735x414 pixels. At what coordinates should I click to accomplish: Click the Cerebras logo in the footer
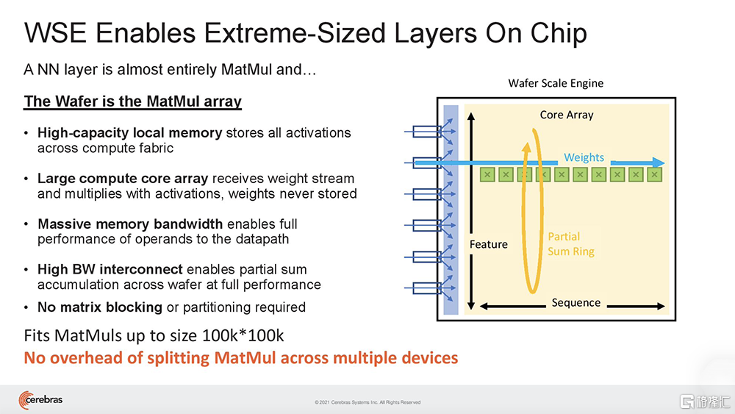[x=40, y=400]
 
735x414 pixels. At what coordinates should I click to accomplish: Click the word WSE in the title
[x=56, y=33]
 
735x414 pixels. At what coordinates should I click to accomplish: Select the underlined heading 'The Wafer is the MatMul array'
[x=132, y=101]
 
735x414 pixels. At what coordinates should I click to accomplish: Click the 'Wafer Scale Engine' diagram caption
[x=556, y=83]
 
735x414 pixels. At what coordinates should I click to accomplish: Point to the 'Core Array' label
[x=566, y=115]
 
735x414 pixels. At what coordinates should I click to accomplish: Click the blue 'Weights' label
[x=584, y=157]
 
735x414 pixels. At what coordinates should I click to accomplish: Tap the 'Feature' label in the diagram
[x=489, y=244]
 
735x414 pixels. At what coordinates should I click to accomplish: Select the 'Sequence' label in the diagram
[x=576, y=303]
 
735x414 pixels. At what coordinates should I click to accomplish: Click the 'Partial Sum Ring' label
[x=570, y=244]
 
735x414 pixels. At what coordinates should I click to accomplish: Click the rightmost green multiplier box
[x=654, y=175]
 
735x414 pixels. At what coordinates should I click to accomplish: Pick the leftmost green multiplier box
[x=487, y=175]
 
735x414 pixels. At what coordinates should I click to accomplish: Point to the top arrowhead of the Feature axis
[x=471, y=116]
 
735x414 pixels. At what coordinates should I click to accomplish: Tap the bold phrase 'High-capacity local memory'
[x=130, y=133]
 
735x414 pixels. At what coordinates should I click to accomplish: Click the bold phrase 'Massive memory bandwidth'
[x=130, y=224]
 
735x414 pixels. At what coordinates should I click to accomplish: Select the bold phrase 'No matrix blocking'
[x=100, y=307]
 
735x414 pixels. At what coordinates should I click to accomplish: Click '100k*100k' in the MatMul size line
[x=243, y=336]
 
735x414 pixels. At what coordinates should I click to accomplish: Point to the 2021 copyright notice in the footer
[x=367, y=402]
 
